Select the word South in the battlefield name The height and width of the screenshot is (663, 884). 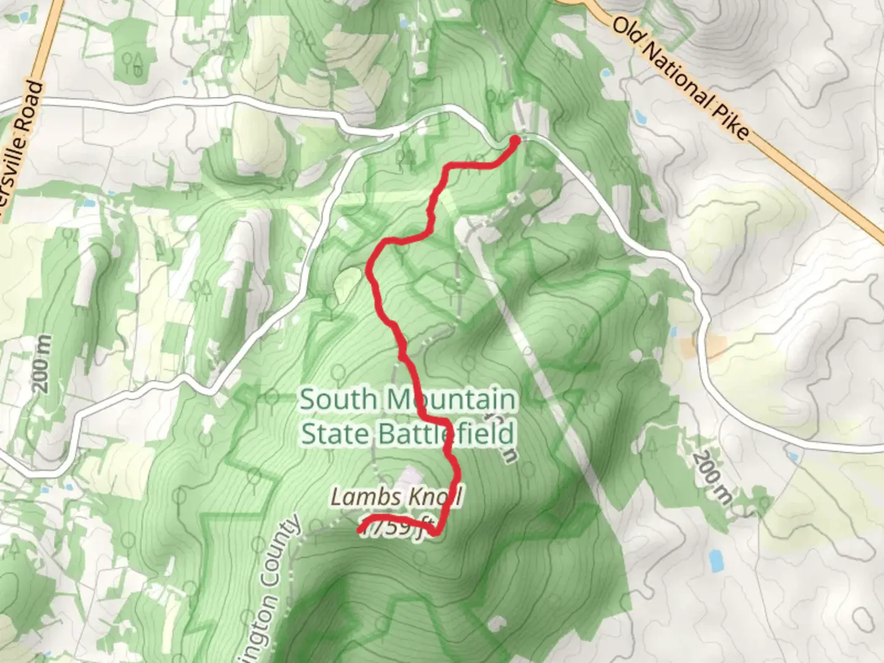click(x=338, y=400)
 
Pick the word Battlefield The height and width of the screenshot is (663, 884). click(x=445, y=434)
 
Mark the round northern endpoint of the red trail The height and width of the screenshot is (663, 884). click(x=515, y=141)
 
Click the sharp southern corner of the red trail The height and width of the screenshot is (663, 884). click(x=435, y=533)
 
